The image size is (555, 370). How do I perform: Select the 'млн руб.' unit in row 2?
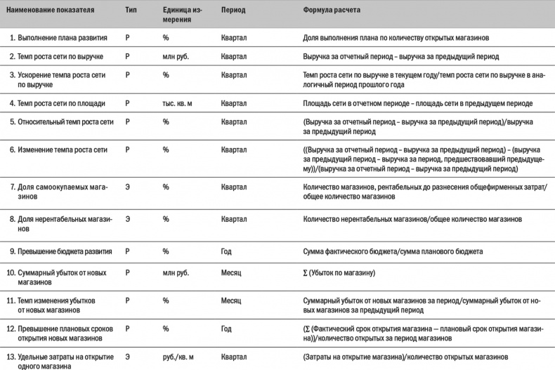pos(176,55)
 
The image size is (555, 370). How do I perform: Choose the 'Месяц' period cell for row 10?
pos(230,272)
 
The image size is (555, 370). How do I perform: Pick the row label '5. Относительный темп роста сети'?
pos(62,121)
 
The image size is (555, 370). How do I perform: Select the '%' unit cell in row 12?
pos(166,329)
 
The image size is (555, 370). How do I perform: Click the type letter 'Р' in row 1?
pos(127,36)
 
